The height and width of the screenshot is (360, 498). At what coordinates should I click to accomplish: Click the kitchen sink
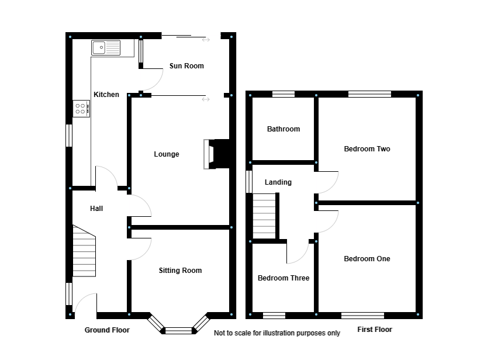(105, 47)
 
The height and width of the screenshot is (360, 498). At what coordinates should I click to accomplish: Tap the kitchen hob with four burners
(81, 108)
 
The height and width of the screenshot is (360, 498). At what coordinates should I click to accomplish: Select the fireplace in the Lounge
(209, 154)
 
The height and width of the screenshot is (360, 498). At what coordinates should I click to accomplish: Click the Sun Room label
(186, 66)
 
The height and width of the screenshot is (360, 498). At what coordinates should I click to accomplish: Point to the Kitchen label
(106, 95)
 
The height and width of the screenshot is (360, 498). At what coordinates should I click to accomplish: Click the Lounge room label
(167, 154)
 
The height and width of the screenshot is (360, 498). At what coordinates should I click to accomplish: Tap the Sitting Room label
(180, 271)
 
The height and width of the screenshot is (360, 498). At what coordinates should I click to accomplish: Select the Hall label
(96, 209)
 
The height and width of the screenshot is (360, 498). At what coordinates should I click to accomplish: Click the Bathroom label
(283, 129)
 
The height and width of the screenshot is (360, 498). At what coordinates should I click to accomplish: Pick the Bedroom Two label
(366, 149)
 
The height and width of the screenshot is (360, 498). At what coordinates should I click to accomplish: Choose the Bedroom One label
(366, 259)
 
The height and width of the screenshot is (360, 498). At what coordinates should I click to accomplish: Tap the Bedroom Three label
(283, 278)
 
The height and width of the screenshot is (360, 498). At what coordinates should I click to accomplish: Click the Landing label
(278, 182)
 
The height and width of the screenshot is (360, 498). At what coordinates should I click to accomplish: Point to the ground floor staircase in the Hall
(84, 251)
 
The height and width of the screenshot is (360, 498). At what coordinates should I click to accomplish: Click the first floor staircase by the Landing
(264, 216)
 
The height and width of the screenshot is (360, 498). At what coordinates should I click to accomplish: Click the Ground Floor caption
(107, 330)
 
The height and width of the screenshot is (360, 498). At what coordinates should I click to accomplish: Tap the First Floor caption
(375, 330)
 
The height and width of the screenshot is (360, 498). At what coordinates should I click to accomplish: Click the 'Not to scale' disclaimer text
(276, 333)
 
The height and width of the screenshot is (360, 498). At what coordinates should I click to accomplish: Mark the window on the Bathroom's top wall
(283, 94)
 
